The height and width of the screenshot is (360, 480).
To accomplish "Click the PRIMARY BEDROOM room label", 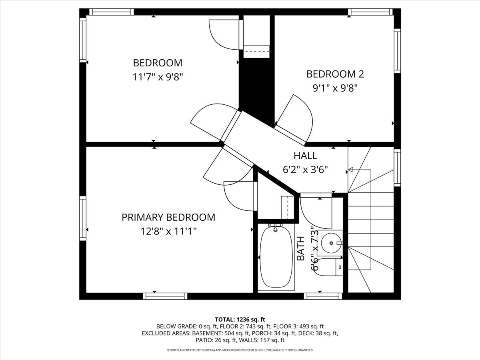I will click(x=168, y=217).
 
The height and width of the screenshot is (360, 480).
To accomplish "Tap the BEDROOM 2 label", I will click(x=335, y=74).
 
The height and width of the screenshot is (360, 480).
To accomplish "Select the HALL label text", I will click(x=305, y=156).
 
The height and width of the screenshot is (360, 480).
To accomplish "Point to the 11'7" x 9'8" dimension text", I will click(x=158, y=77).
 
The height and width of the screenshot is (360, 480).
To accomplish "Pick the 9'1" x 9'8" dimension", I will click(x=335, y=88).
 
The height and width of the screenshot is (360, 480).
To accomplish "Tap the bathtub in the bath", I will click(x=276, y=257).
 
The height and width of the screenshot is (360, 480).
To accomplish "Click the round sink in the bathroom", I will click(x=332, y=242).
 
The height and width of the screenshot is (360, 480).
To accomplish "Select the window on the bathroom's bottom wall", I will click(x=323, y=296).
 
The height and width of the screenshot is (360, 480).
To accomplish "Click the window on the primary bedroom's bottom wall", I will click(x=165, y=296).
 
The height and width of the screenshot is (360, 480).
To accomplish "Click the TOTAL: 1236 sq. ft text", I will click(x=240, y=319).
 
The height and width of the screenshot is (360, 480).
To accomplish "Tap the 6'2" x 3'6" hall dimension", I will click(x=305, y=170).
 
